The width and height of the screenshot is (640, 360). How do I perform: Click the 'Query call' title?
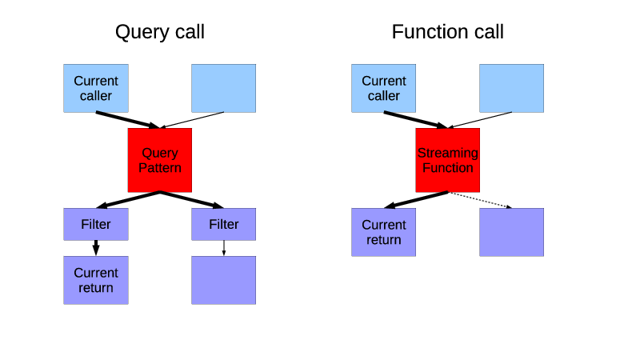coord(159,32)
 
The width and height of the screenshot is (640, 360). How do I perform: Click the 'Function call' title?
coord(447,32)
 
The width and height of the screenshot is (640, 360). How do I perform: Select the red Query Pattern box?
coord(159,160)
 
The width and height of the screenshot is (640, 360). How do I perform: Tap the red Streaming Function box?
coord(447,160)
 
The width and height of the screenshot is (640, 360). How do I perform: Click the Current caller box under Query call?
coord(96,88)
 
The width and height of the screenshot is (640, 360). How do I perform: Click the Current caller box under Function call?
coord(384,88)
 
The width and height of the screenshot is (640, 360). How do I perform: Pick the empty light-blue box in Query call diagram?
coord(223,88)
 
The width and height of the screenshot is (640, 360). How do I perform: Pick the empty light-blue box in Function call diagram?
coord(511,88)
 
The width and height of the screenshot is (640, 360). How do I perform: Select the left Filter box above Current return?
coord(96,224)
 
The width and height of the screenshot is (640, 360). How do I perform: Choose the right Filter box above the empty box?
coord(223,224)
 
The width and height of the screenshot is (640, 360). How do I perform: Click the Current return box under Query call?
coord(96,280)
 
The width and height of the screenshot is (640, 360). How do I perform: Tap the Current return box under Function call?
coord(384,232)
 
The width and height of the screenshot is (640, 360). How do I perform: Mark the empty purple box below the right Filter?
coord(223,280)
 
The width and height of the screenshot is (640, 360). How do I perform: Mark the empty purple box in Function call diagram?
coord(511,232)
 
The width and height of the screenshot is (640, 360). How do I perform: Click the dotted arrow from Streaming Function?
coord(480,200)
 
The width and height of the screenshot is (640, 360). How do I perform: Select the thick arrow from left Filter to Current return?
coord(96,247)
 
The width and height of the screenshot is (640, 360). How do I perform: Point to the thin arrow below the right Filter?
coord(223,247)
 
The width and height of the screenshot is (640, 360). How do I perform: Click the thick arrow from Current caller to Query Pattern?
coord(128,120)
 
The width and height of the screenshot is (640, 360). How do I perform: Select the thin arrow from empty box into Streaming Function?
coord(480,120)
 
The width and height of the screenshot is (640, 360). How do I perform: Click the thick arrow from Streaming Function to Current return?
coord(416,200)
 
